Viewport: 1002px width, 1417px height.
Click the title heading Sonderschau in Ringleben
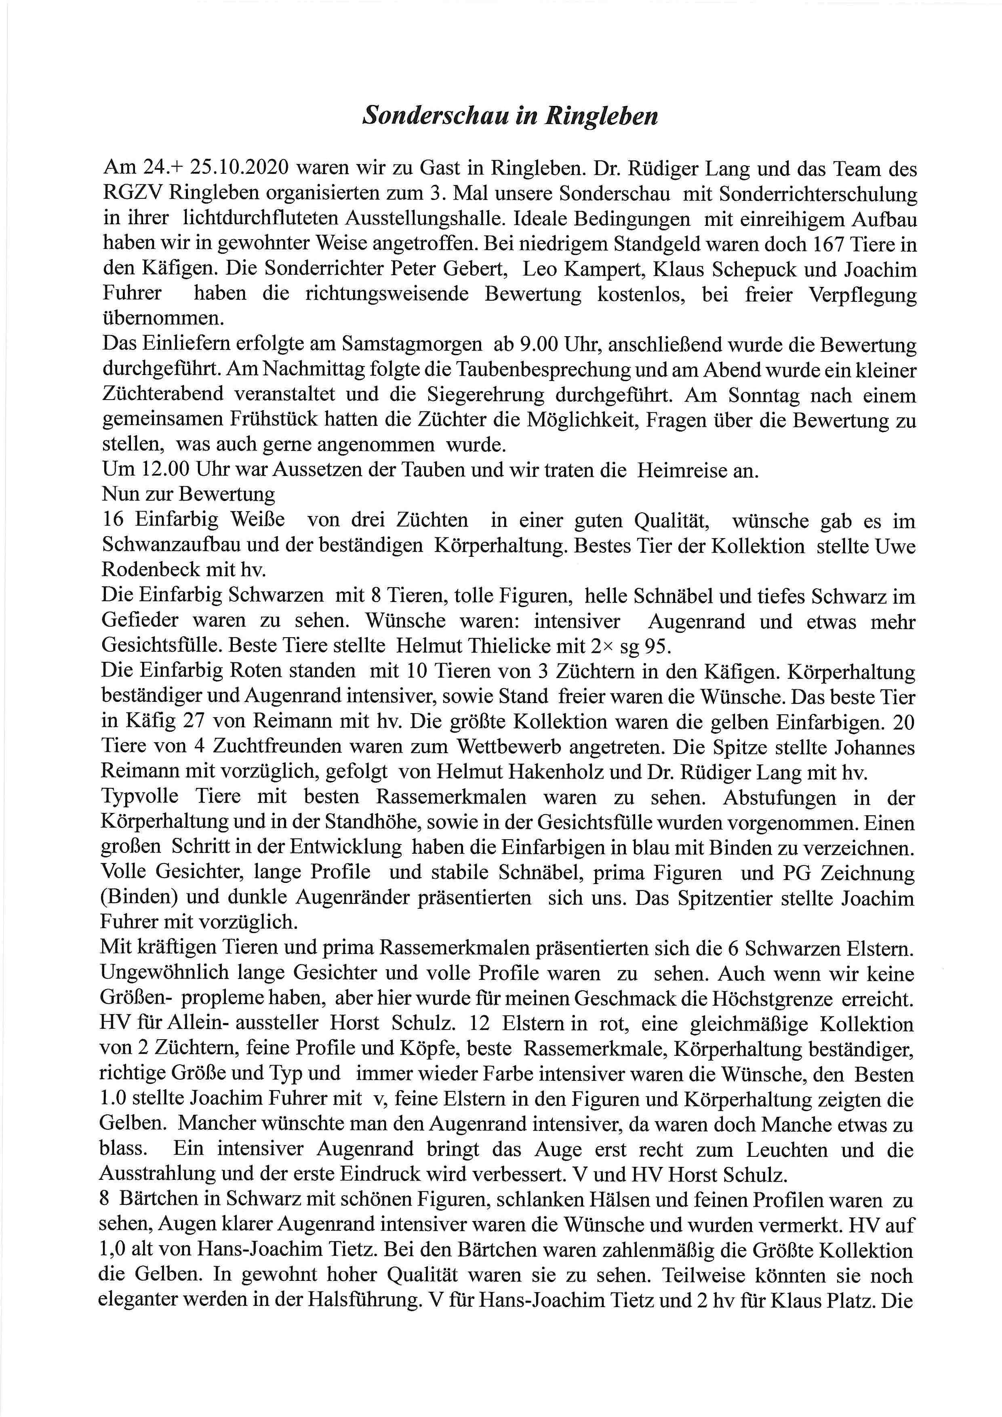[509, 116]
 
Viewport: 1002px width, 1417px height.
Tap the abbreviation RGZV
[131, 194]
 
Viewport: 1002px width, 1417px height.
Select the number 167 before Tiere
[824, 244]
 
